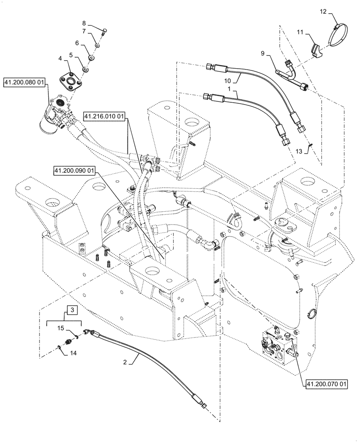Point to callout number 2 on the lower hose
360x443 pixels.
point(125,362)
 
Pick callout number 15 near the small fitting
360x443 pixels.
point(61,329)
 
